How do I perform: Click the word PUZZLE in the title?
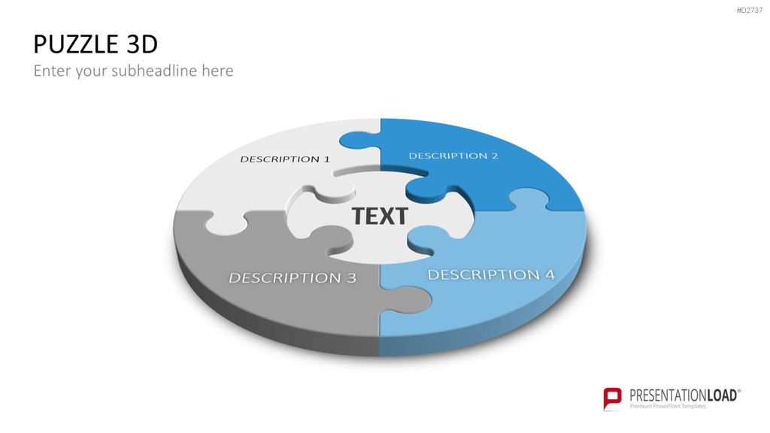76,44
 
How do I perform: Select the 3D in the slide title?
142,44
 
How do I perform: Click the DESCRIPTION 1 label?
285,159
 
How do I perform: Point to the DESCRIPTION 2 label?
453,156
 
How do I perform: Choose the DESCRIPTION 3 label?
293,278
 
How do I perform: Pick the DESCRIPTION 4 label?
491,274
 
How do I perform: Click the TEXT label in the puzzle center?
380,216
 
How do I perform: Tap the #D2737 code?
750,11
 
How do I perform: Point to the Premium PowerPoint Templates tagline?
668,407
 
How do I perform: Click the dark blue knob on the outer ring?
359,141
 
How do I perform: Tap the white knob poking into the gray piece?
226,224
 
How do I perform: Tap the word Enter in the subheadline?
53,71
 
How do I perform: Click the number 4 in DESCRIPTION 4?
550,274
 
